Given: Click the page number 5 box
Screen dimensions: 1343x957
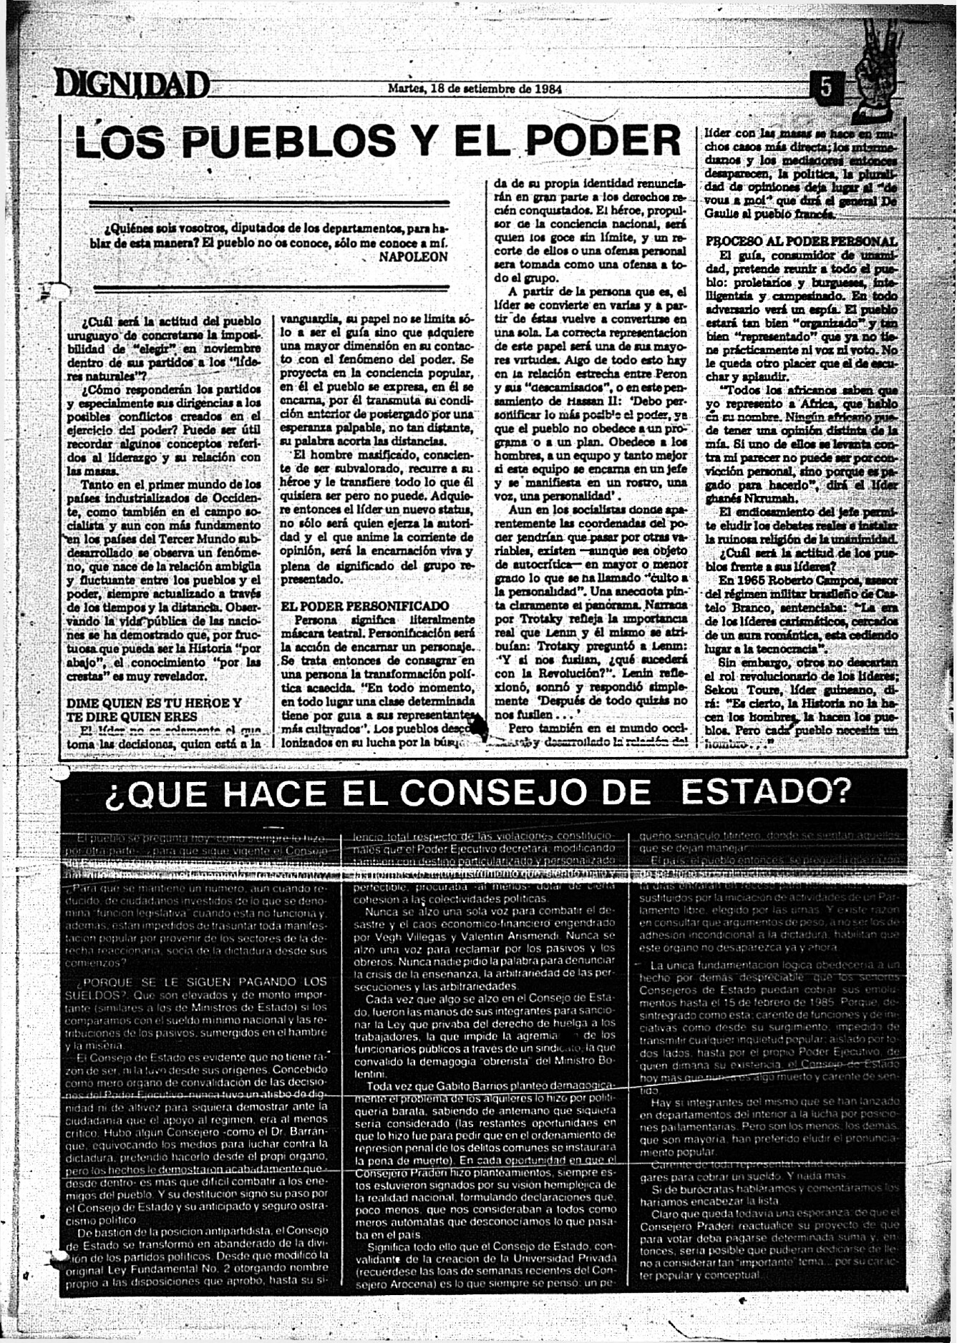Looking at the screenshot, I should click(826, 87).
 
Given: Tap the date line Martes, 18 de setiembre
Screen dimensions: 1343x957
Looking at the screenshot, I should click(474, 89).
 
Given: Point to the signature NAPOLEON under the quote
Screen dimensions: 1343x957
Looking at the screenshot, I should click(413, 256).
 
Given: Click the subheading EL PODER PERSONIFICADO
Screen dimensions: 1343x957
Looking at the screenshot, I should click(365, 606).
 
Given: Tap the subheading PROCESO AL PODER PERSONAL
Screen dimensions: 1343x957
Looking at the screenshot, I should click(801, 242).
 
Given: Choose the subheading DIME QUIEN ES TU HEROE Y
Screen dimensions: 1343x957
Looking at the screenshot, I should click(153, 703).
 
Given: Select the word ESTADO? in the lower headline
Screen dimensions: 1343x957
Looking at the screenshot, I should click(767, 792).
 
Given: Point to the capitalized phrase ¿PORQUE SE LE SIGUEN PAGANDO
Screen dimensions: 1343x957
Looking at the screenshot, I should click(202, 982).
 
